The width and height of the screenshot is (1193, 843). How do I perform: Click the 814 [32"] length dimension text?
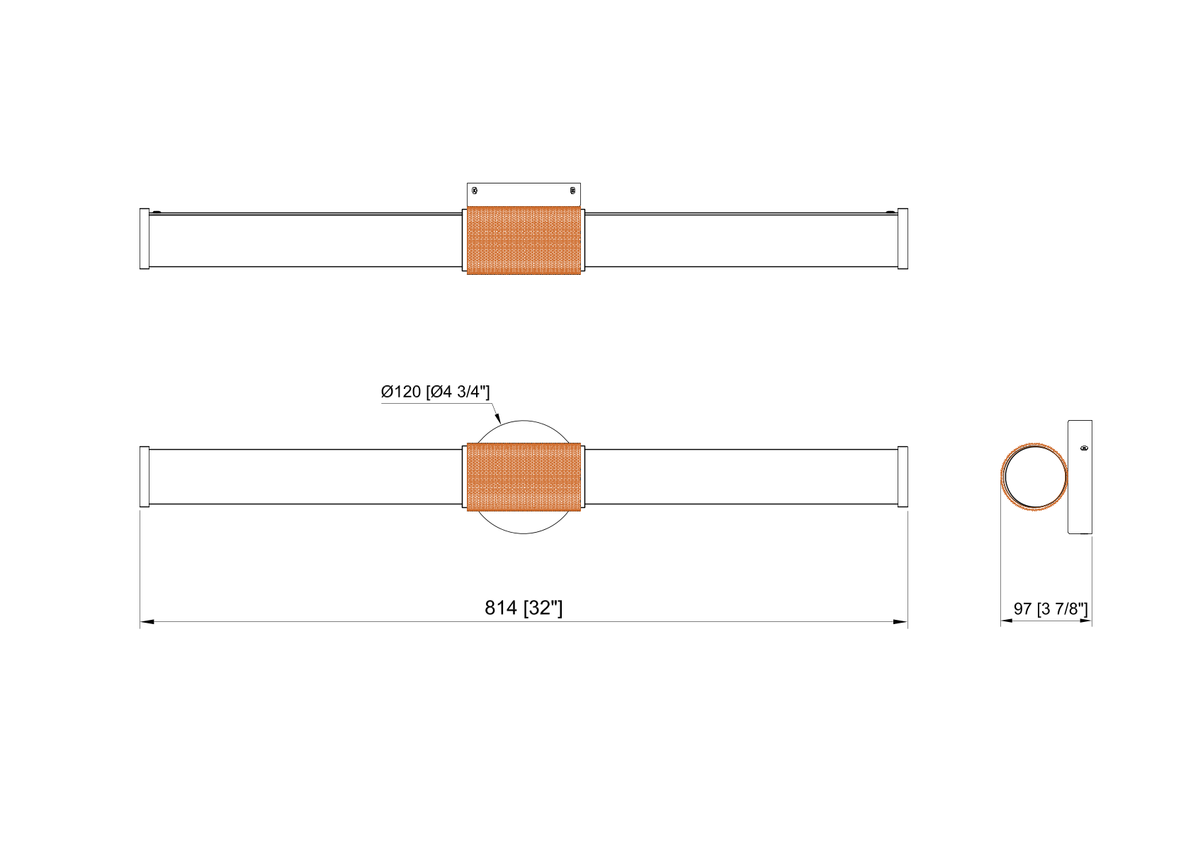pos(523,608)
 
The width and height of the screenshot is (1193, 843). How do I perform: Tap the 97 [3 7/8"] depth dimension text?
pos(1051,609)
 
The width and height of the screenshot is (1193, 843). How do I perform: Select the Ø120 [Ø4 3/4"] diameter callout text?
pos(435,392)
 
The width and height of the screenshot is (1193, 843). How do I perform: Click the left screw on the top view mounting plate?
pos(475,190)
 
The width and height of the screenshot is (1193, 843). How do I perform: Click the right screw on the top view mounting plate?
pos(572,190)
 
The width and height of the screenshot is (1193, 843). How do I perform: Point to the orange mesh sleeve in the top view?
pos(524,240)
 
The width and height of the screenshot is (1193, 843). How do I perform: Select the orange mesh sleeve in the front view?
pos(524,477)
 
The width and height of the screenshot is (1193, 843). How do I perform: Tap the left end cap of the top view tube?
pos(145,239)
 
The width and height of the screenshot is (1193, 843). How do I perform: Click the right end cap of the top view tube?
pos(903,239)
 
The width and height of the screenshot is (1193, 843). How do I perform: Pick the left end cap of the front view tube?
pos(145,477)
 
